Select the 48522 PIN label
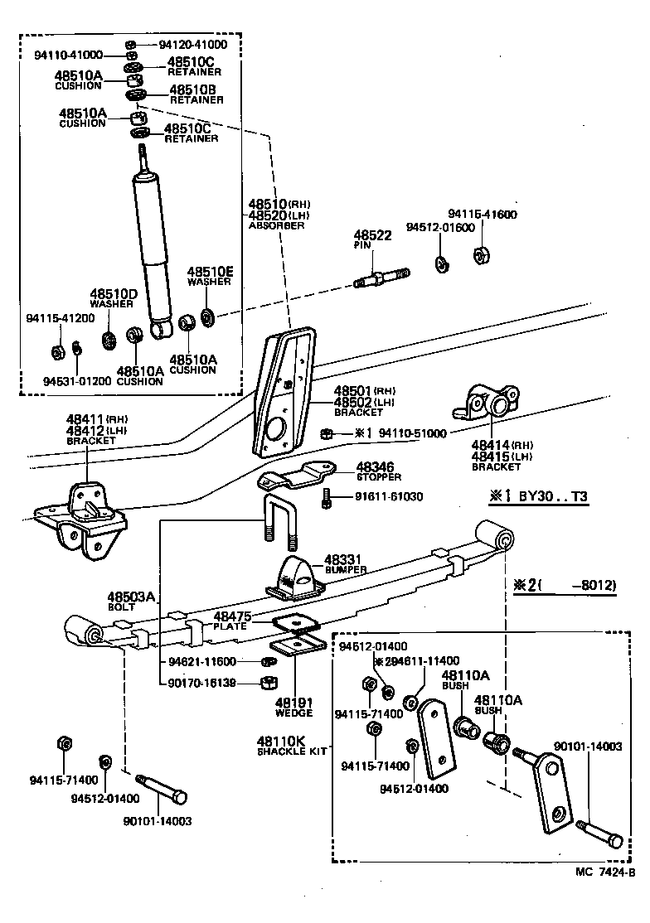pos(371,240)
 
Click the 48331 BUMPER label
pos(345,564)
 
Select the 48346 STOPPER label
pos(379,471)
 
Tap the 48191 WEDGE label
pos(294,707)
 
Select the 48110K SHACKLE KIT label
pos(285,745)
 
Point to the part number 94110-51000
pos(412,433)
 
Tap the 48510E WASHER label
pos(210,276)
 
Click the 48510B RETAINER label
pos(196,94)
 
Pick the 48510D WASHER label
pos(113,298)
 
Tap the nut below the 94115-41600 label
pos(480,254)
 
